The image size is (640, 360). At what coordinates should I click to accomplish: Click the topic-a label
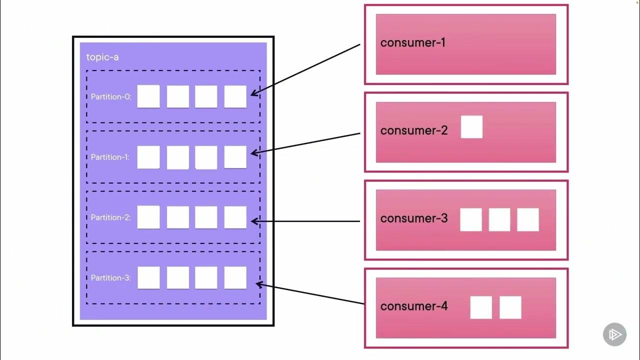point(102,57)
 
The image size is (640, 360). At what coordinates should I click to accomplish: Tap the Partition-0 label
point(111,96)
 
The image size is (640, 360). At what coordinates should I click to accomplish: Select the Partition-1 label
point(110,157)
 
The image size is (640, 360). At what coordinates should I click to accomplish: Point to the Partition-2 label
point(111,217)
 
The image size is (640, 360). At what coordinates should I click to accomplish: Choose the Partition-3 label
point(111,277)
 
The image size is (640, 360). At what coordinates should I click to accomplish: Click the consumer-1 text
point(412,42)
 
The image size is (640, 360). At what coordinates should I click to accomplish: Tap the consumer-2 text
point(413,130)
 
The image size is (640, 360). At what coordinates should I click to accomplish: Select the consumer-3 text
point(413,218)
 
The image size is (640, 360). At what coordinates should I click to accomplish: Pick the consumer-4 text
point(413,306)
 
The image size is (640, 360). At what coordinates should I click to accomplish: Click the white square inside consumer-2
point(471,127)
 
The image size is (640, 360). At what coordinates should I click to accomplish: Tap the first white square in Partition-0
point(148,96)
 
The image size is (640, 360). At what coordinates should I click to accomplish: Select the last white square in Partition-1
point(235,157)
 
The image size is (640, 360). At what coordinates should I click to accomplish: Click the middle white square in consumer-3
point(499,219)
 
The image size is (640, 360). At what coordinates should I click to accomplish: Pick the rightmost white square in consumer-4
point(510,307)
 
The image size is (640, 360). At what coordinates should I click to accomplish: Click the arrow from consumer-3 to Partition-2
point(305,221)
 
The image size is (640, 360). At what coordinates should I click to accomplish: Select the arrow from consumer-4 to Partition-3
point(310,294)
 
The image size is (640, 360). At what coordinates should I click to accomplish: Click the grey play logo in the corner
point(614,334)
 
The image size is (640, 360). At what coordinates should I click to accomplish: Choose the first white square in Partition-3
point(148,277)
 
